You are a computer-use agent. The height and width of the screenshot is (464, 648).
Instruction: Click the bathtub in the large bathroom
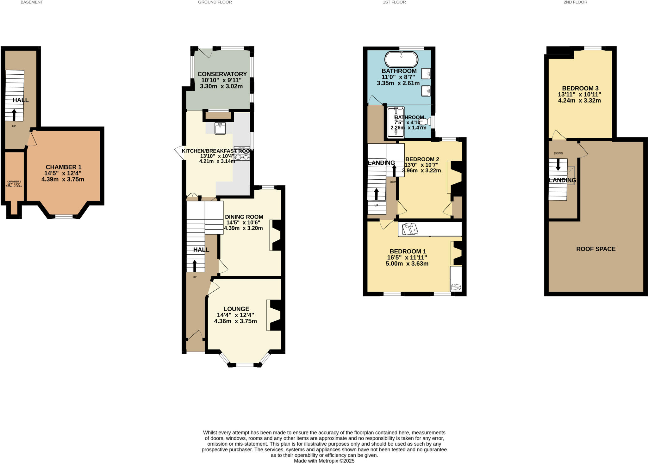click(x=401, y=59)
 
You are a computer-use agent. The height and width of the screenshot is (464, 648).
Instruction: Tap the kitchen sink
click(x=220, y=128)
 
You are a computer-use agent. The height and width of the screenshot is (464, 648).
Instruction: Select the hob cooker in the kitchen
click(x=242, y=153)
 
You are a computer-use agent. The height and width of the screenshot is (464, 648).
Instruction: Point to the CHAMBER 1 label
click(x=64, y=167)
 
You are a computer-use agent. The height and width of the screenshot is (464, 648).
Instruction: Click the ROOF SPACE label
click(x=596, y=249)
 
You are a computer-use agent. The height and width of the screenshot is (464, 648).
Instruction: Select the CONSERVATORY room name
click(x=222, y=74)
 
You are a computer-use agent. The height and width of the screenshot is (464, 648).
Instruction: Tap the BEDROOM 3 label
click(x=580, y=88)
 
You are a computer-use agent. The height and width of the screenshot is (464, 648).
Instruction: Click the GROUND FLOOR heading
click(x=215, y=2)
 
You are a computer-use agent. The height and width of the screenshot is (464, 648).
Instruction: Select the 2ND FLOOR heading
click(x=575, y=2)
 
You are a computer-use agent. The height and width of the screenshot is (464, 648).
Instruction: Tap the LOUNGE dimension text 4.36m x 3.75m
click(x=235, y=321)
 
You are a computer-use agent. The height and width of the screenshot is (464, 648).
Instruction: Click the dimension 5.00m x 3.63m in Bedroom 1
click(x=407, y=263)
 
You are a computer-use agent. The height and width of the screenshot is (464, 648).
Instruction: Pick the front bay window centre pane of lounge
click(x=245, y=365)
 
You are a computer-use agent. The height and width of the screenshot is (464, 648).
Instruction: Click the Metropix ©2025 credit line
click(x=324, y=461)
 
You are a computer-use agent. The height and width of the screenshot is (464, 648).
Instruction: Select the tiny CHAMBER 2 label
click(x=14, y=182)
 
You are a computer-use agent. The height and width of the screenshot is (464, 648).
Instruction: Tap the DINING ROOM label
click(x=244, y=217)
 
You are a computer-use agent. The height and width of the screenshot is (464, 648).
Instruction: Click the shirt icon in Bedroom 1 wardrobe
click(x=410, y=229)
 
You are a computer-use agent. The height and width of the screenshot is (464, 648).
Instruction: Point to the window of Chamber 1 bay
click(x=64, y=217)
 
